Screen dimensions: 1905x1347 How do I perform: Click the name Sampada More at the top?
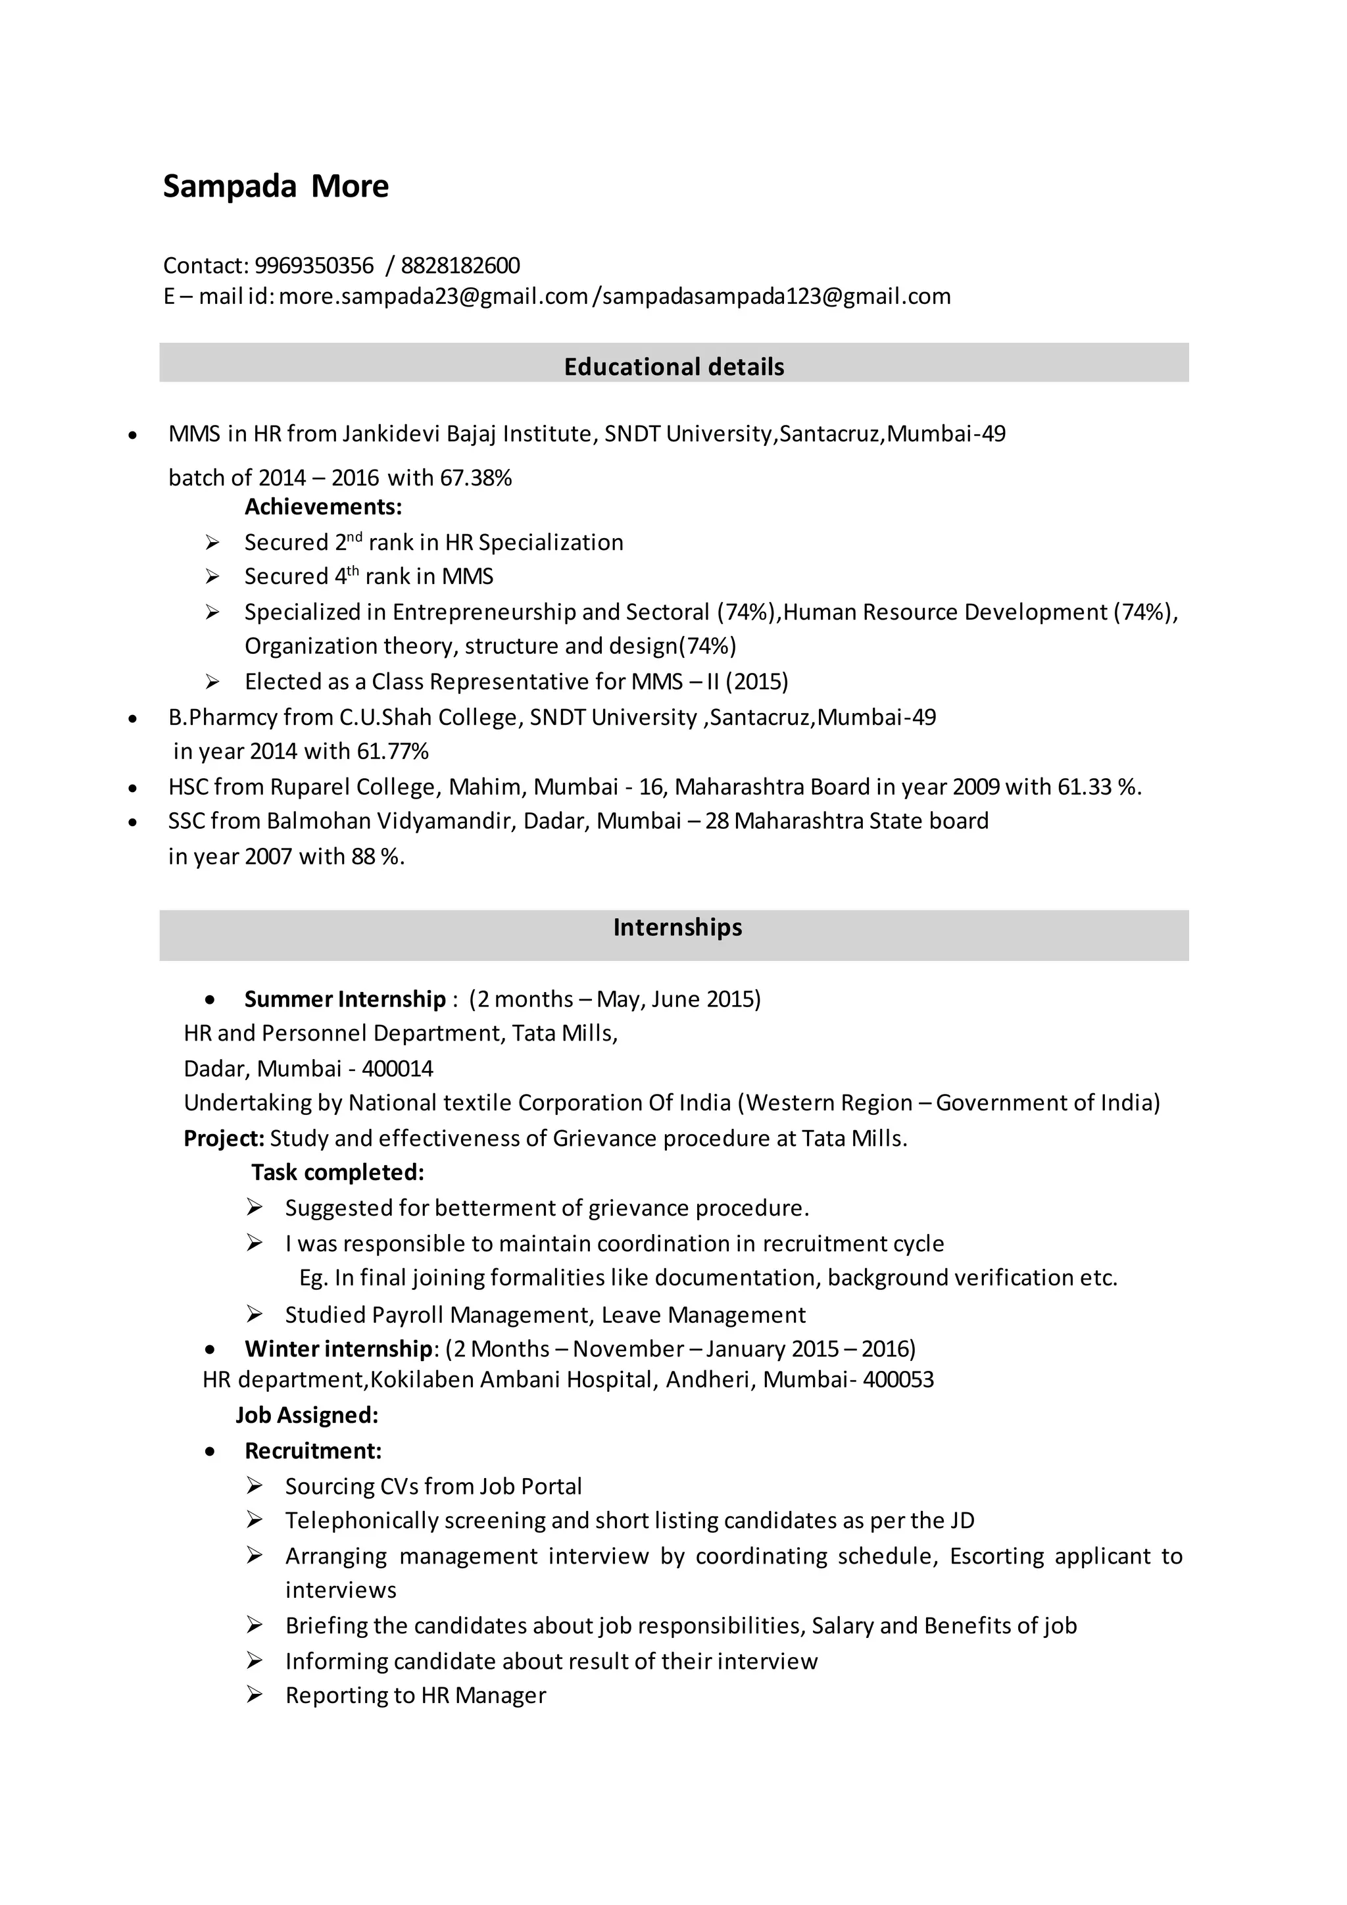tap(276, 187)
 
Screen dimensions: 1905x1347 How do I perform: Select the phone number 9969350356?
tap(314, 266)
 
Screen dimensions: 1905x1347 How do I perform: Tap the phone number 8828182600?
tap(460, 266)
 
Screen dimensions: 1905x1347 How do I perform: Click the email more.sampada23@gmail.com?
tap(433, 296)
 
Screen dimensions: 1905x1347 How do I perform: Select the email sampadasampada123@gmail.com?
tap(776, 296)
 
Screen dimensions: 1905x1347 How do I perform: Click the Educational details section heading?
tap(673, 367)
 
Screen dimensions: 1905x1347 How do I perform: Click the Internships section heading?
tap(677, 928)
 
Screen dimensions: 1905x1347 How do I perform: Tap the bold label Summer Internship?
tap(345, 999)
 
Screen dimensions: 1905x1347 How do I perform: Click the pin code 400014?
tap(397, 1069)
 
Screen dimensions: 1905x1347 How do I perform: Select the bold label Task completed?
tap(337, 1172)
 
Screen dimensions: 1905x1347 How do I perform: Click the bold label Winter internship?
tap(339, 1349)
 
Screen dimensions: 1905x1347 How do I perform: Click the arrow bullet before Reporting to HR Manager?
tap(255, 1696)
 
